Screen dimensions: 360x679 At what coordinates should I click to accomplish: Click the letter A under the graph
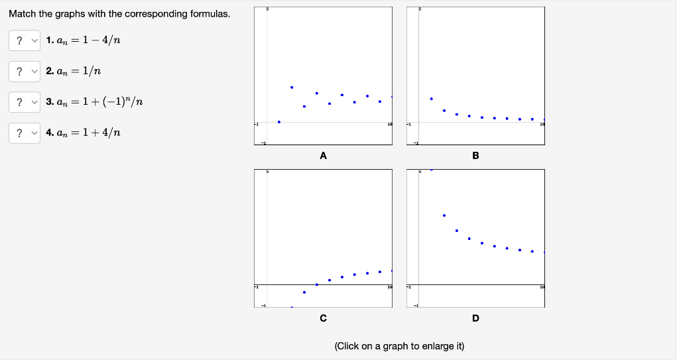click(x=323, y=156)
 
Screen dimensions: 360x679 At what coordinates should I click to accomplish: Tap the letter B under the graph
click(x=475, y=156)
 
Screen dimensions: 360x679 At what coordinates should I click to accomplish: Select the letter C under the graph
click(x=323, y=318)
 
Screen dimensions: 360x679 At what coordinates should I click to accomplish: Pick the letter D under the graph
click(x=475, y=318)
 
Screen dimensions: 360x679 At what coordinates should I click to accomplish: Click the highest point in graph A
click(x=292, y=87)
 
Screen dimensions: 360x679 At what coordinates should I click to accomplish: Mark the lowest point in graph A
click(x=279, y=122)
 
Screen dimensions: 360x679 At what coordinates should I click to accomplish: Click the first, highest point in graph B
click(x=432, y=98)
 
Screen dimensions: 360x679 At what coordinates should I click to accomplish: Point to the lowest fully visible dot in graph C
click(x=304, y=292)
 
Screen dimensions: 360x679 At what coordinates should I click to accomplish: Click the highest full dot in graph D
click(x=444, y=215)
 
